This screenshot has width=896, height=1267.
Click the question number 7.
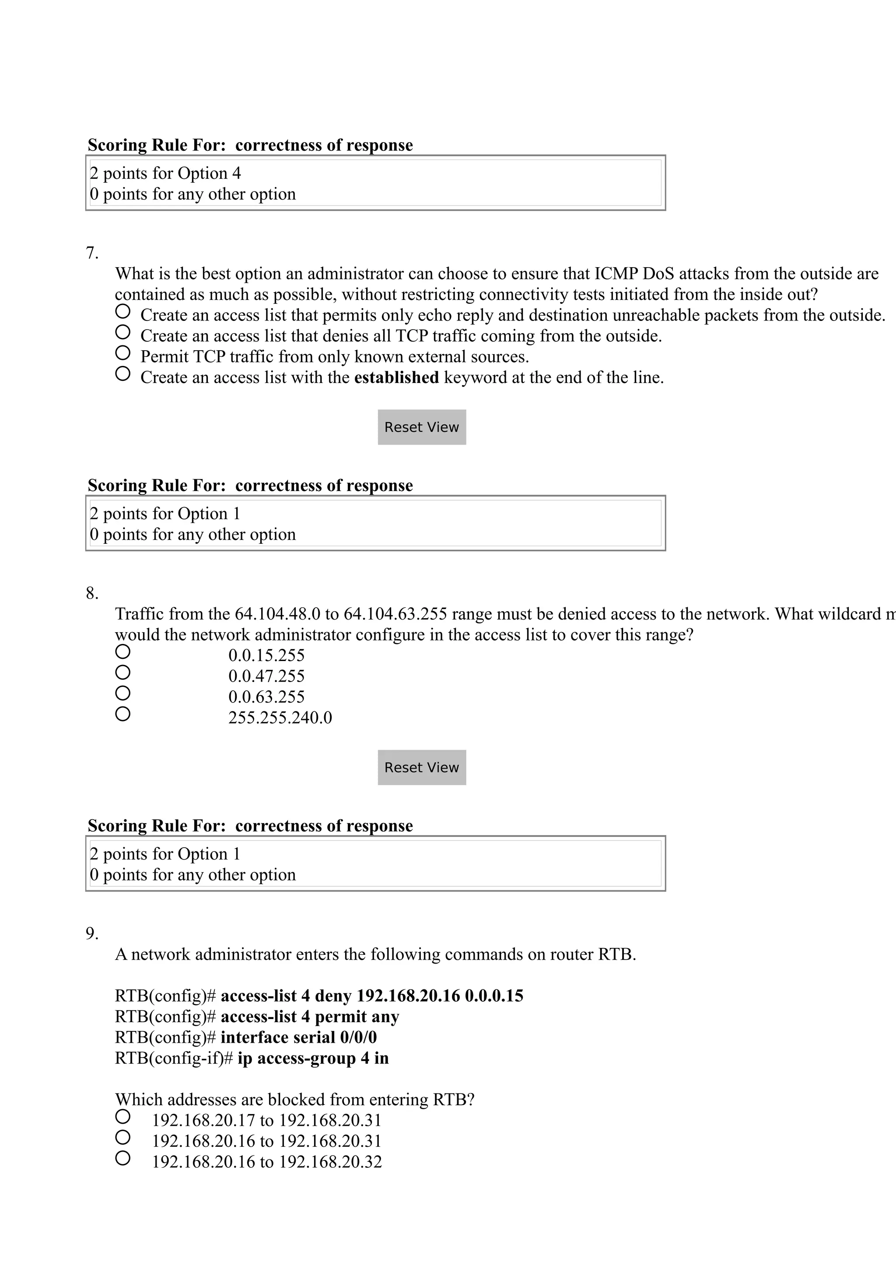[91, 253]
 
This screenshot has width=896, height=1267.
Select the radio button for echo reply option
[122, 311]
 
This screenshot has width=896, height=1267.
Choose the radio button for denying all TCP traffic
[122, 332]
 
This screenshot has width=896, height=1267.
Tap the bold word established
[396, 377]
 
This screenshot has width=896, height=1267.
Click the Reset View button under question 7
[421, 427]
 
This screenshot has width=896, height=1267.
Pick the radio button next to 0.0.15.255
[122, 652]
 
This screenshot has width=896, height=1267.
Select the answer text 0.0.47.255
[266, 676]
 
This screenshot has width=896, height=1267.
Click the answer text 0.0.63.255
[266, 697]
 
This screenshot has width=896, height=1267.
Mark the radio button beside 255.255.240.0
[122, 714]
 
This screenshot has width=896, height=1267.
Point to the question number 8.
[91, 594]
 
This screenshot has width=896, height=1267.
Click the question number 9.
[91, 934]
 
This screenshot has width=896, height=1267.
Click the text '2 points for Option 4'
[165, 173]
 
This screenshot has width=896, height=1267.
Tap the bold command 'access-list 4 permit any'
[309, 1016]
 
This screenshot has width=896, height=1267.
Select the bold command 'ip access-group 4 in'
[312, 1058]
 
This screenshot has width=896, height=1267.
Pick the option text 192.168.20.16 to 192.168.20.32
[266, 1162]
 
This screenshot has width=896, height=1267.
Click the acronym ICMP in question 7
[616, 274]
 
